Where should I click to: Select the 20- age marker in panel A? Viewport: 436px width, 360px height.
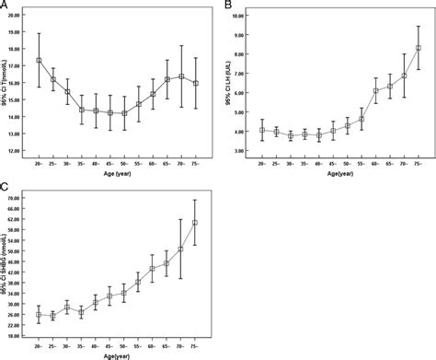click(39, 61)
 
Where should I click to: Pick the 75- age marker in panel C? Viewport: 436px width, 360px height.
click(194, 223)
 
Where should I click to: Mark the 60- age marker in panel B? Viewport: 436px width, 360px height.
click(375, 90)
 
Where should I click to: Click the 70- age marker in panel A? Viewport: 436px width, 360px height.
click(181, 76)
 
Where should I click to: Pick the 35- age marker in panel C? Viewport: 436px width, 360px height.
click(81, 312)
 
